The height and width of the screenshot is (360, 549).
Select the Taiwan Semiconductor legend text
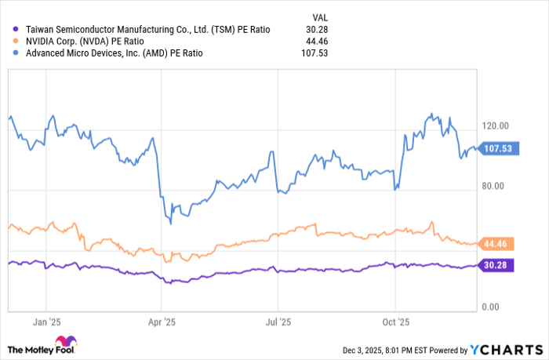coord(147,29)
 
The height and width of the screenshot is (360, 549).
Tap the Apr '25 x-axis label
coord(161,322)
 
